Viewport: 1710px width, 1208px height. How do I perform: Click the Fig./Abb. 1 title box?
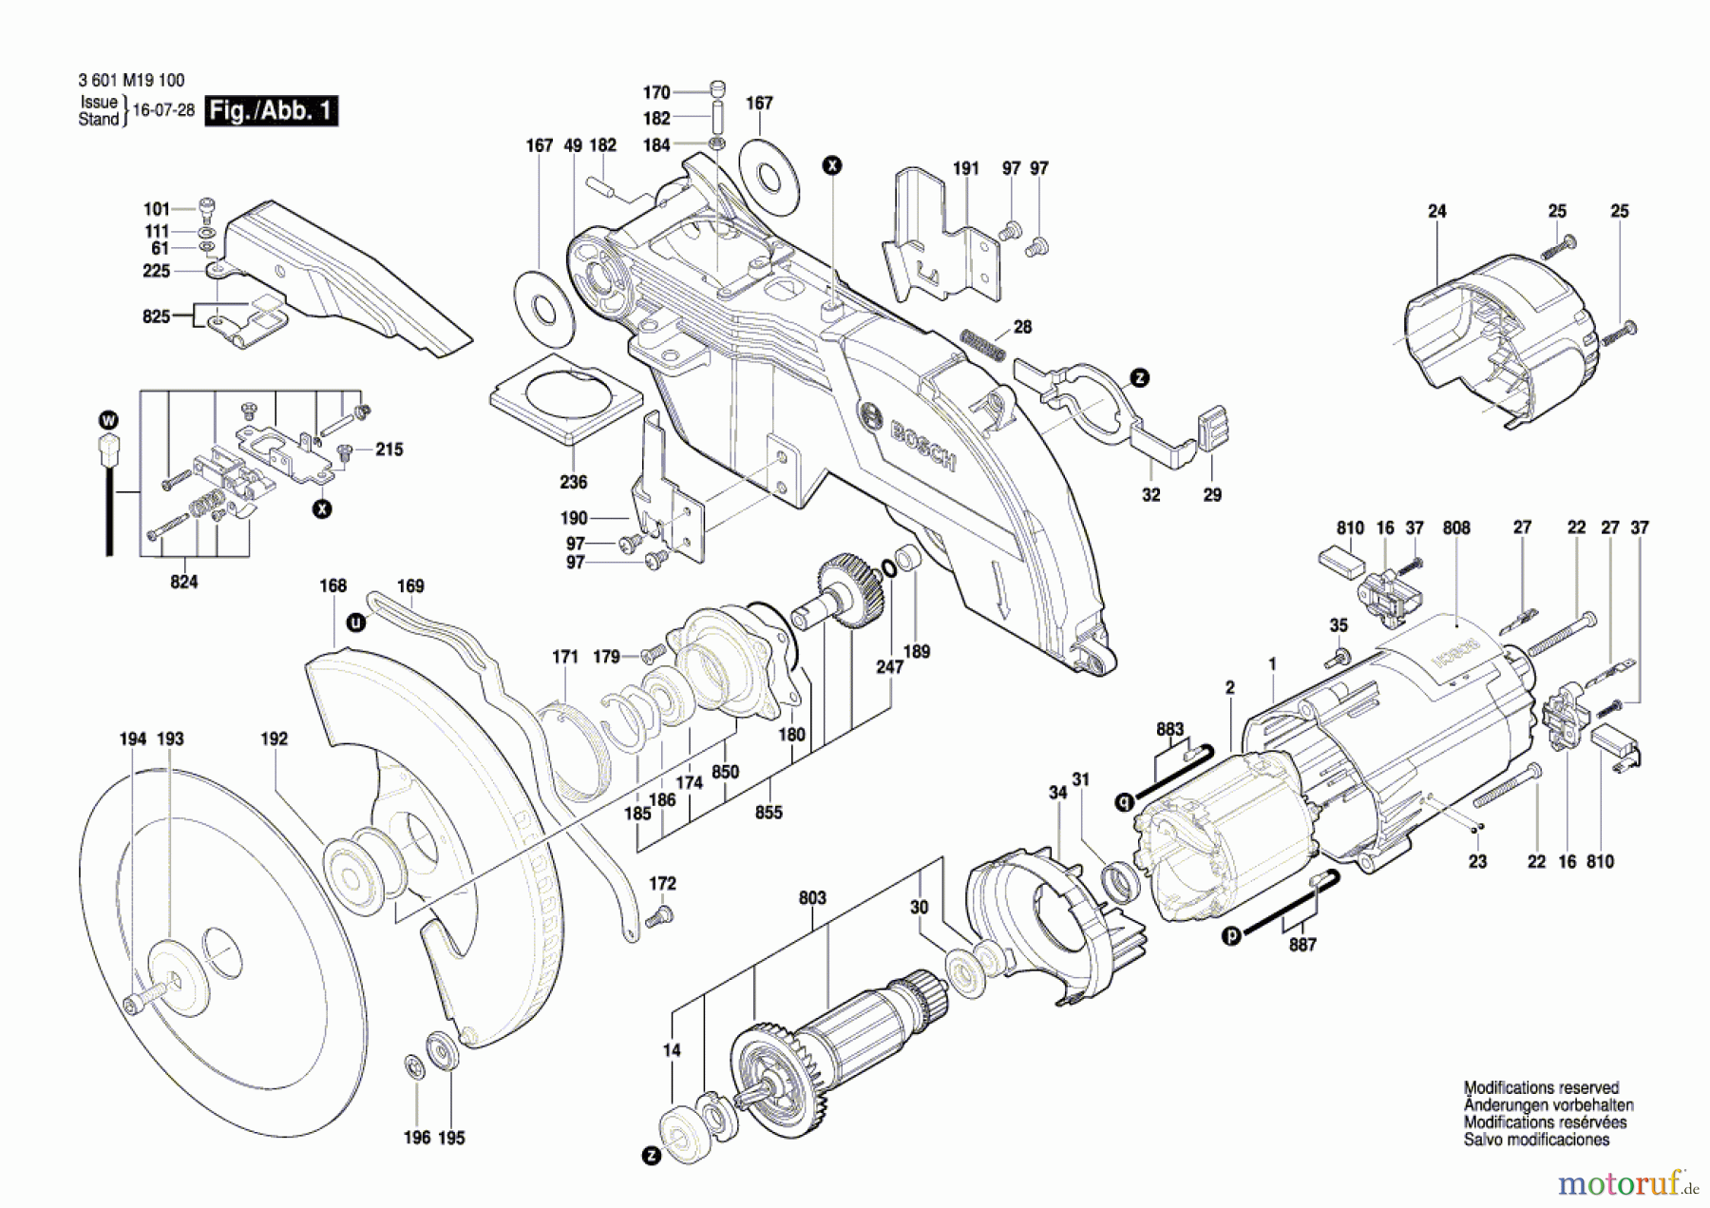[271, 111]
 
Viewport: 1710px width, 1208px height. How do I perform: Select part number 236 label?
[573, 482]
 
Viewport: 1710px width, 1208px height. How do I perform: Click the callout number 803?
[812, 897]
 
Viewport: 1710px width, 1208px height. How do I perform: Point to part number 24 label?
[1436, 211]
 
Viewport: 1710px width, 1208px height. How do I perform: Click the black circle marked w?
[108, 420]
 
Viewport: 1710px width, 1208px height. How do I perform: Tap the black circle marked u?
[355, 623]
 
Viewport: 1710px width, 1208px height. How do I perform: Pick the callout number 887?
[1302, 944]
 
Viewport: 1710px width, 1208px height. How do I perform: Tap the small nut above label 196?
[414, 1067]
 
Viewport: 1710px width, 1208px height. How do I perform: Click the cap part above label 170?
[718, 88]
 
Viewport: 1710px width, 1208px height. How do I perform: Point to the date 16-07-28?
[163, 110]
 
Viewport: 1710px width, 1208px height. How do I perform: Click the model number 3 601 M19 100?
[131, 81]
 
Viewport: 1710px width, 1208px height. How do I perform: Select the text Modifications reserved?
[1540, 1087]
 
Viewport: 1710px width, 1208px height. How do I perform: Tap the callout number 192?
[274, 738]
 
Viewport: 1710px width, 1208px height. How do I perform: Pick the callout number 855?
[768, 812]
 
